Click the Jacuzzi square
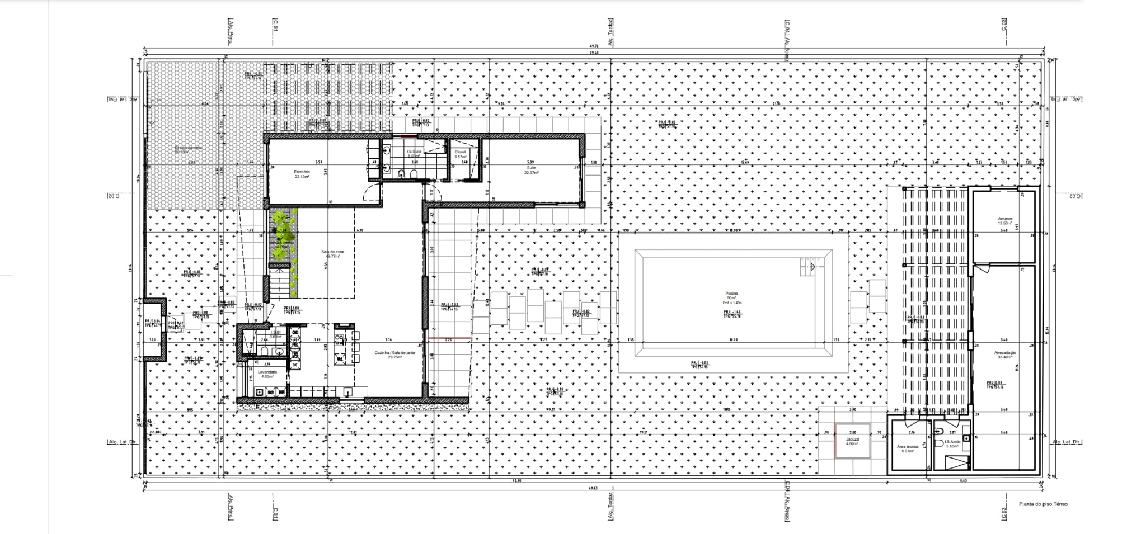coord(852,441)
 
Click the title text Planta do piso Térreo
coord(1043,504)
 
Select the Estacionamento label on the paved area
coord(188,149)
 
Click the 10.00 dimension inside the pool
coord(734,340)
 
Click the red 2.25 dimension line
coord(449,339)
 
